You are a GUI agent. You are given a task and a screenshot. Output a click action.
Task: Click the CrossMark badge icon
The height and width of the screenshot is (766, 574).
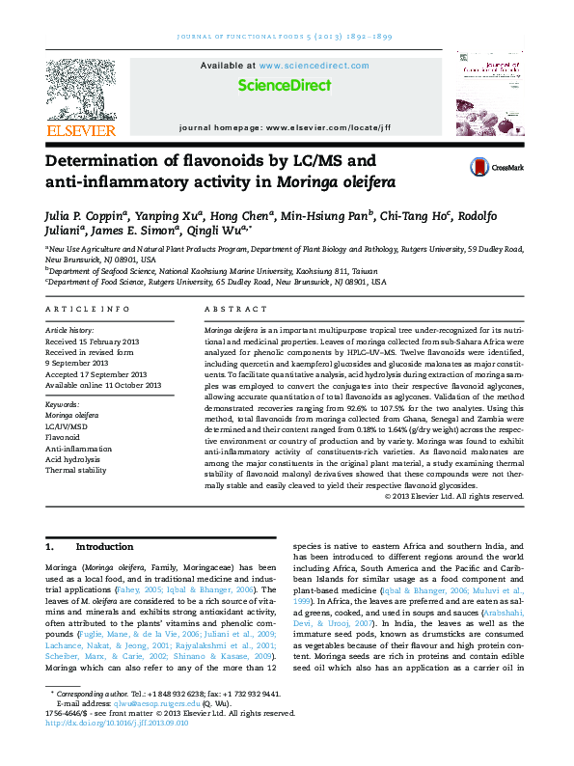[497, 167]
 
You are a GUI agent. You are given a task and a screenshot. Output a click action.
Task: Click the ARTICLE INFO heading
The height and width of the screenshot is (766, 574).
[88, 309]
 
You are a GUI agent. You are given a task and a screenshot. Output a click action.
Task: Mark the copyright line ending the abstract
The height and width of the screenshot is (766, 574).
[453, 496]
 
